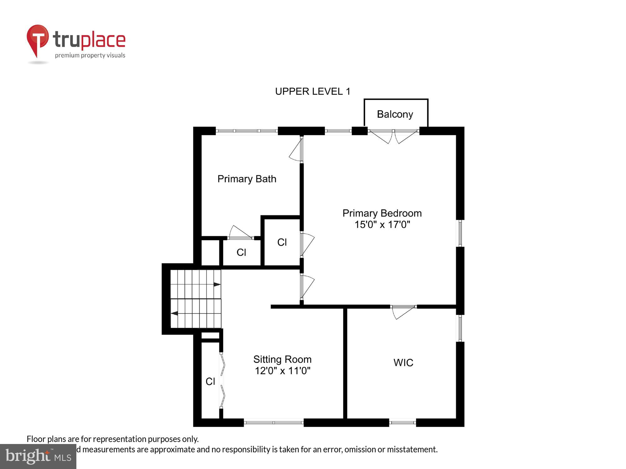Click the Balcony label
(395, 114)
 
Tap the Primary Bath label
(247, 179)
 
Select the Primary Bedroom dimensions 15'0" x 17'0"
(382, 224)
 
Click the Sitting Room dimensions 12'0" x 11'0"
(282, 371)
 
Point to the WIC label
(403, 363)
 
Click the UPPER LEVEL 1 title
(312, 91)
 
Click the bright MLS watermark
(38, 456)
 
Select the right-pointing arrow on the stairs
(217, 284)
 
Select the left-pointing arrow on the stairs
(174, 313)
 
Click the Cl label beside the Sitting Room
(210, 381)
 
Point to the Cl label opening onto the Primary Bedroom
(282, 242)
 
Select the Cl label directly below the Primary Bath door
(241, 252)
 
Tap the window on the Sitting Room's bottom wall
(274, 422)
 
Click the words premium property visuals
(90, 56)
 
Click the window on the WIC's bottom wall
(403, 422)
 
